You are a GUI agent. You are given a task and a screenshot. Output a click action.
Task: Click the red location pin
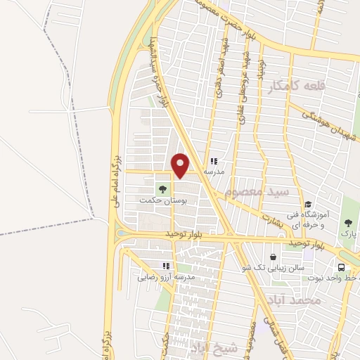(181, 165)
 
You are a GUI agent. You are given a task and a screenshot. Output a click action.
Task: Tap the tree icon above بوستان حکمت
(163, 189)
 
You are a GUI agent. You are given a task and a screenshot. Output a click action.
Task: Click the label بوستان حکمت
(155, 201)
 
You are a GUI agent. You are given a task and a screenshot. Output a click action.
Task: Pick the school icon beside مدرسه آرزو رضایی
(167, 266)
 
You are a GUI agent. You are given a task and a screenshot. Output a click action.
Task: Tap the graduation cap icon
(308, 205)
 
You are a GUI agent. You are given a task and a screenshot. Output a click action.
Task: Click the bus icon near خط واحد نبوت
(341, 267)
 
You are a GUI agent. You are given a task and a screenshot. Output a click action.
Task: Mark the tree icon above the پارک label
(349, 222)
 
